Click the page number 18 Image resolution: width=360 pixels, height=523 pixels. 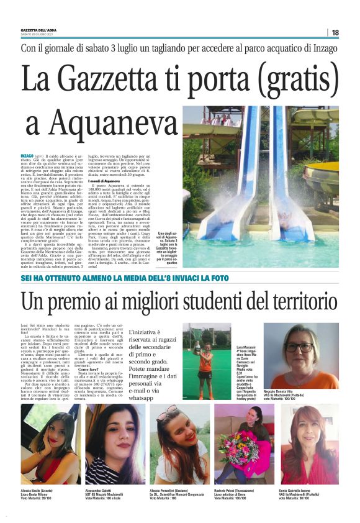(335, 32)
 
